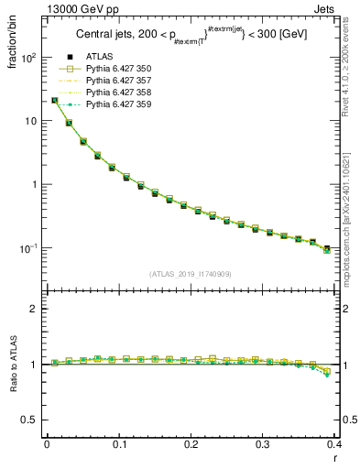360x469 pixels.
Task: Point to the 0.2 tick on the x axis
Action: [x=191, y=444]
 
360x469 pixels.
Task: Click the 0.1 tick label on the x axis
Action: [x=119, y=444]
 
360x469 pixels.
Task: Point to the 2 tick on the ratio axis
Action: [x=35, y=310]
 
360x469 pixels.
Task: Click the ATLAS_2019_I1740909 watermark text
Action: [x=191, y=274]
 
